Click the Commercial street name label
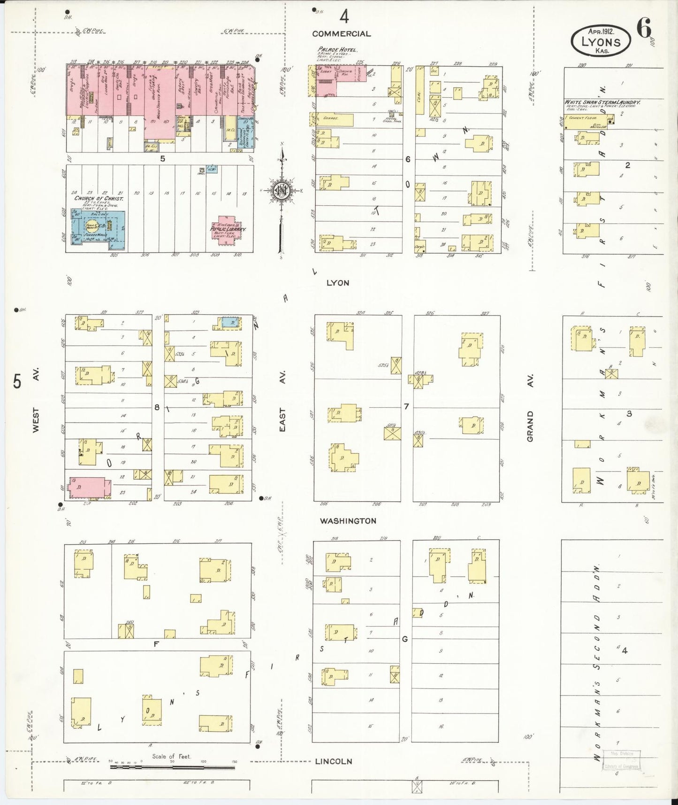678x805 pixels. point(341,34)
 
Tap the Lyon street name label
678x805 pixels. point(338,283)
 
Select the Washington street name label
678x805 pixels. point(348,521)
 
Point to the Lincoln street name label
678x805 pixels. point(333,761)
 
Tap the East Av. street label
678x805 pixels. point(282,400)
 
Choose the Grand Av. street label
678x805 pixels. point(530,413)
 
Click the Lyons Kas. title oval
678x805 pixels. point(601,41)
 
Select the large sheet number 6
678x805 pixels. point(644,29)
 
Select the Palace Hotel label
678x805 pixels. point(337,49)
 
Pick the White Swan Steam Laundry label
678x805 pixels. point(602,102)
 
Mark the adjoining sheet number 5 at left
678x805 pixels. point(17,381)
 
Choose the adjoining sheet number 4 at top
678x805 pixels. point(344,17)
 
